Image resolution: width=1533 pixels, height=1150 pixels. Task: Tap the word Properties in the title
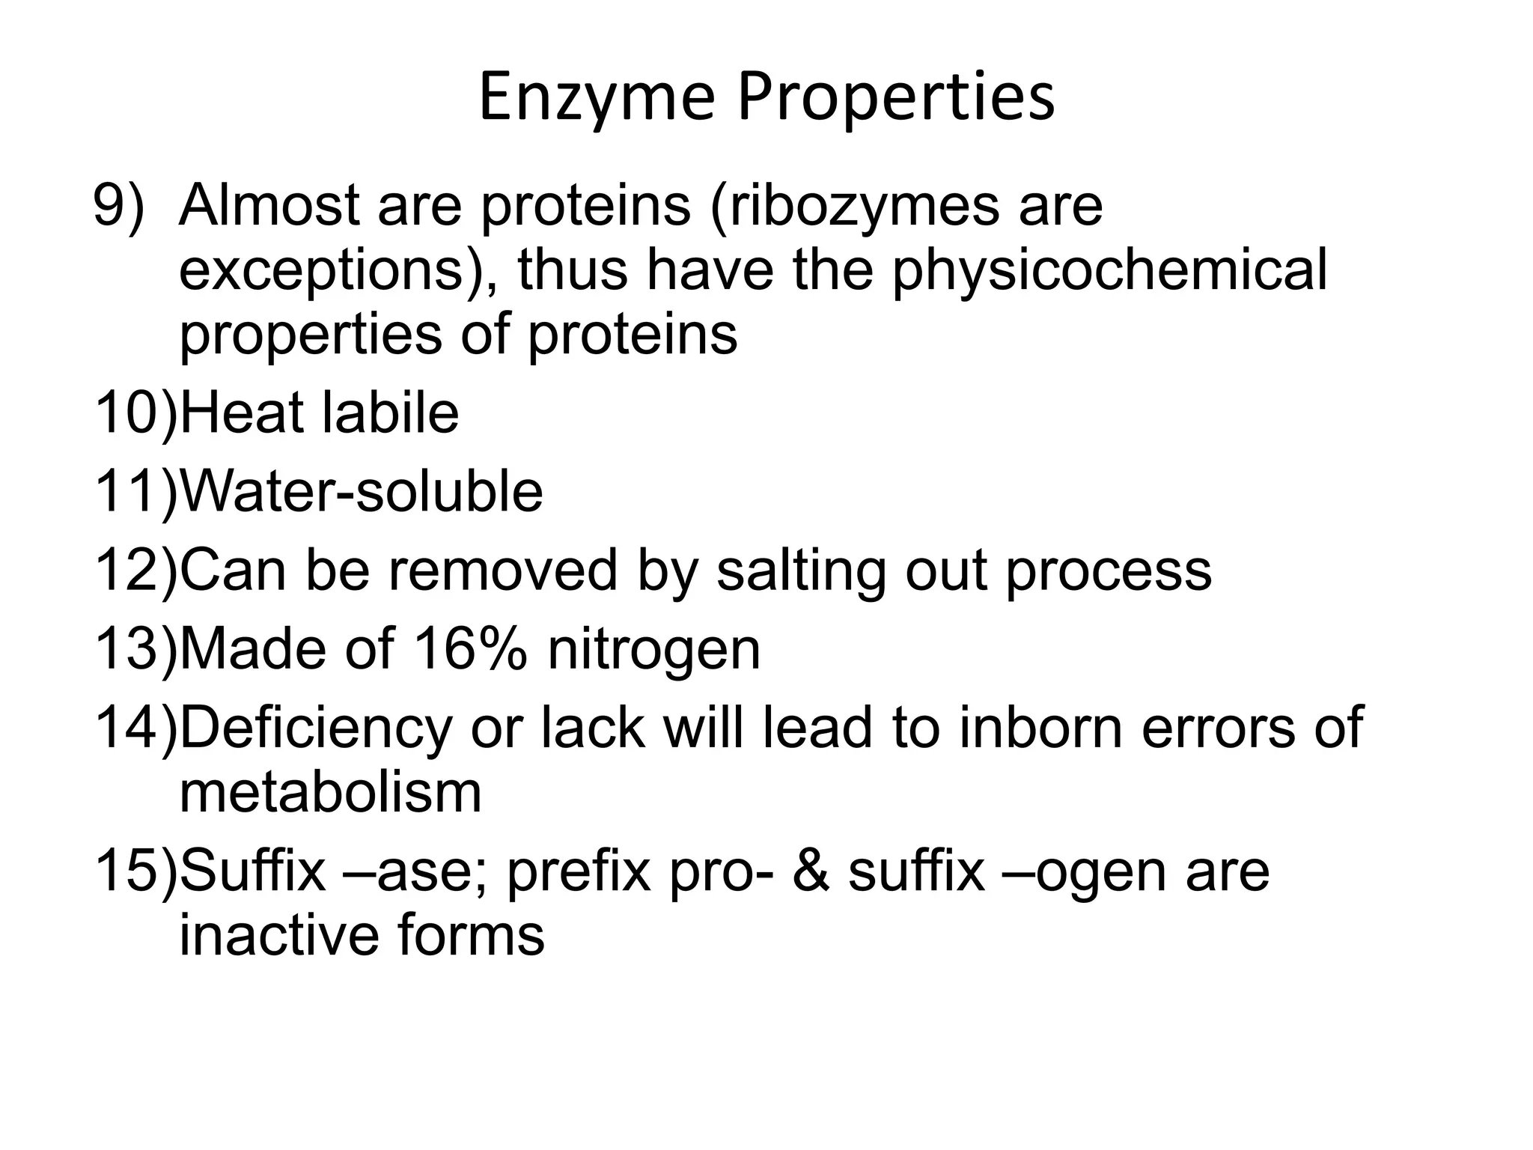coord(896,100)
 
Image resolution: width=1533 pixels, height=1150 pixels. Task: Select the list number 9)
coord(118,207)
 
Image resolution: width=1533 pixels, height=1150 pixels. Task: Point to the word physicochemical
coord(1110,271)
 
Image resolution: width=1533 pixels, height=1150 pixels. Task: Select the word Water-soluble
coord(362,492)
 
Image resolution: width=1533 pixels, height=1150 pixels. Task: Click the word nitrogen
coord(654,650)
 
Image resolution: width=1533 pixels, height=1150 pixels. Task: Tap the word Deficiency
coord(316,728)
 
